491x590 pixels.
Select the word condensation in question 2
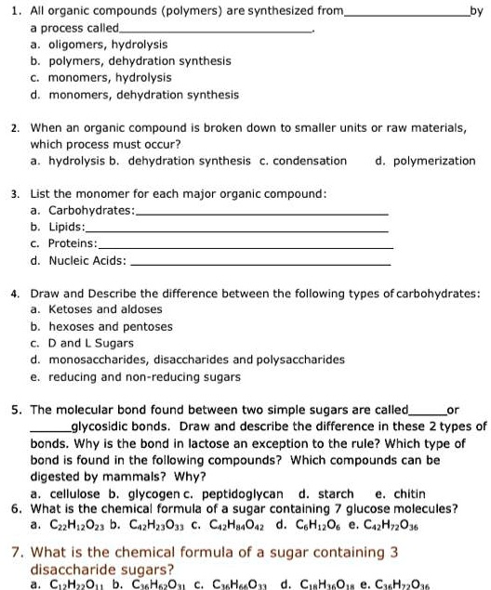tap(311, 160)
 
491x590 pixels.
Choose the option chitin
tap(410, 493)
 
